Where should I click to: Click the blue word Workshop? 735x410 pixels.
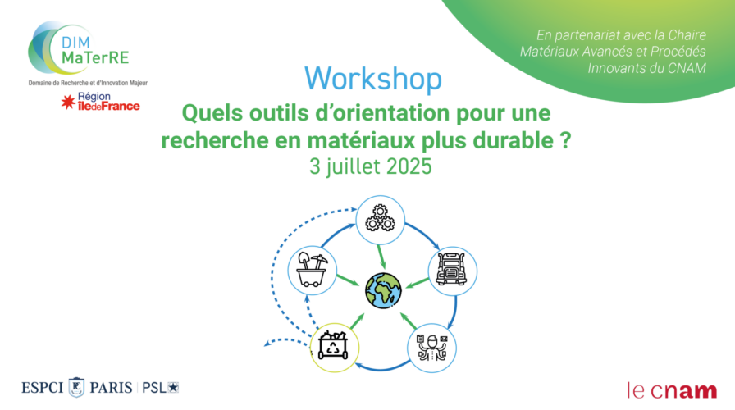pos(373,79)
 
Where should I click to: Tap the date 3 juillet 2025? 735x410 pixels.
pos(370,166)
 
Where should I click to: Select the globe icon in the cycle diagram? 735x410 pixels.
pos(383,291)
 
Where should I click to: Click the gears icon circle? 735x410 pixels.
pos(380,220)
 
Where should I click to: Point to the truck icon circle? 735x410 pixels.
pos(452,271)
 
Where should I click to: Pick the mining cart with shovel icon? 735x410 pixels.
pos(313,271)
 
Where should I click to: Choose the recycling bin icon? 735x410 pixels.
pos(333,347)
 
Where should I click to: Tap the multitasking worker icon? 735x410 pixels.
pos(432,348)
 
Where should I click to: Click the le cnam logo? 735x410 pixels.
pos(672,390)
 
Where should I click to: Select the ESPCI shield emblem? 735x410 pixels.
pos(77,388)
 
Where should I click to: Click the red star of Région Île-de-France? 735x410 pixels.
pos(68,102)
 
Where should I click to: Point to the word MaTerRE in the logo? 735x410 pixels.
pos(95,57)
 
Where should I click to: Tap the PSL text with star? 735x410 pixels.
pos(160,388)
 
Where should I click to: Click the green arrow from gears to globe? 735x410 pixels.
pos(381,257)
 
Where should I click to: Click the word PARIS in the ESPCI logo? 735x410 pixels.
pos(111,388)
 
